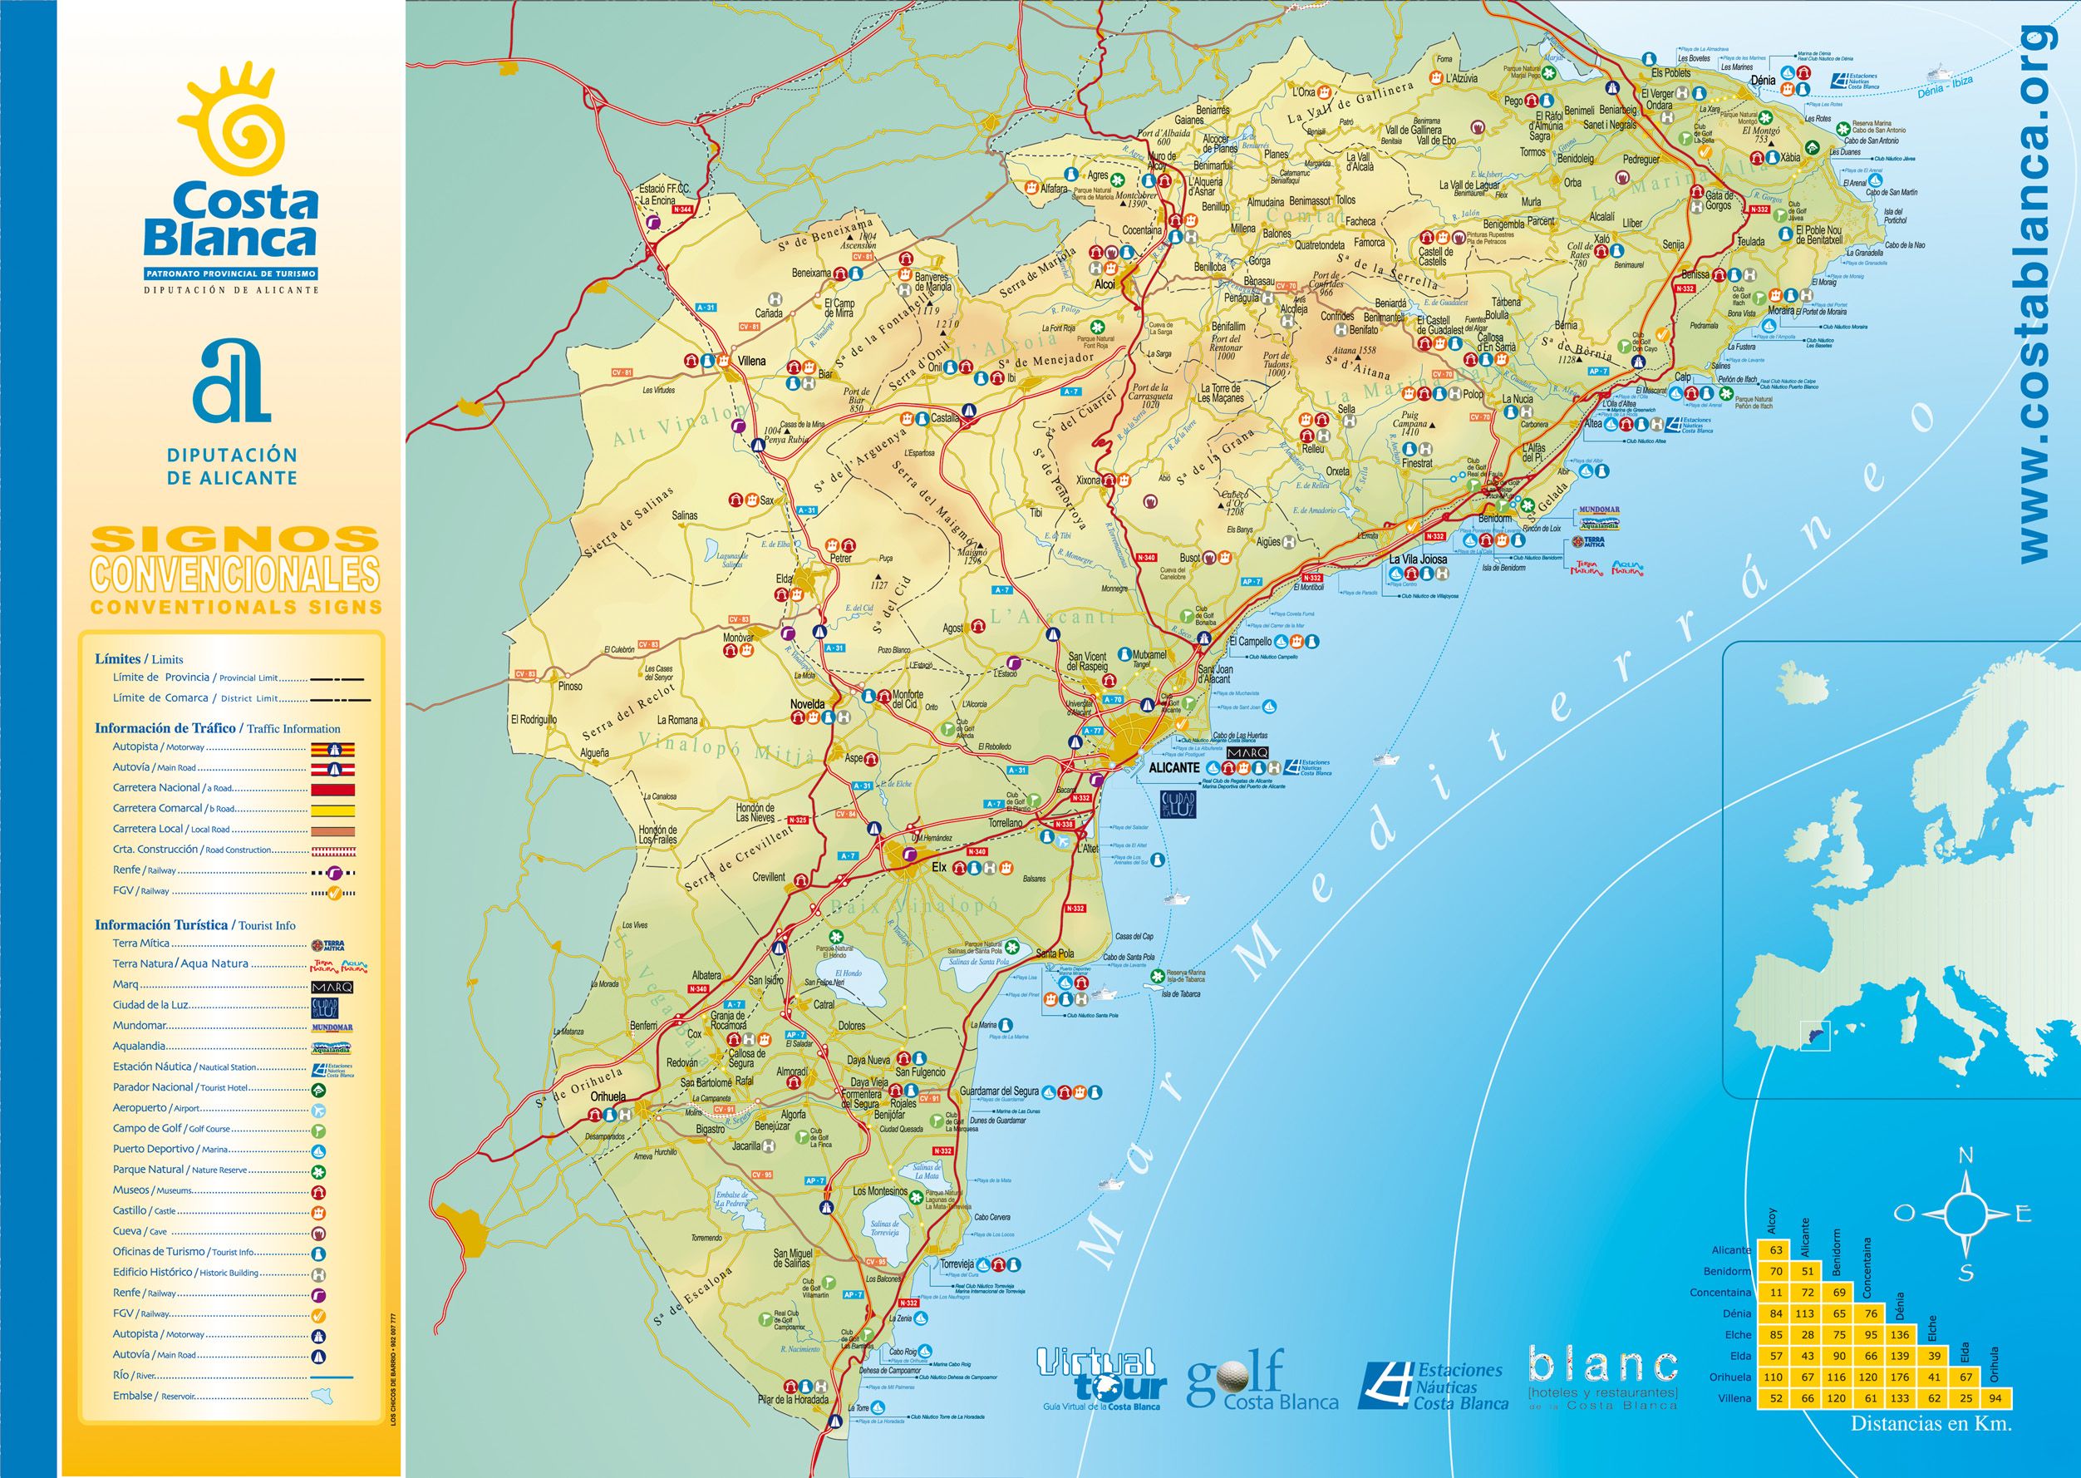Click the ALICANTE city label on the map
(1174, 767)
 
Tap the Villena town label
(751, 362)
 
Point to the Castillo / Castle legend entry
(144, 1210)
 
